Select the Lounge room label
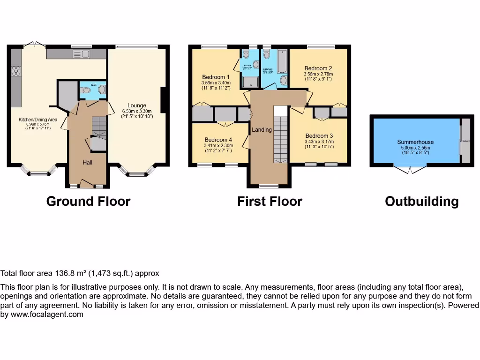(x=137, y=105)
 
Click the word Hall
(x=88, y=162)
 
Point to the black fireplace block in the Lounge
(x=163, y=100)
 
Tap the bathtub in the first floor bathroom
(x=282, y=61)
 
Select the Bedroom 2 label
(x=318, y=67)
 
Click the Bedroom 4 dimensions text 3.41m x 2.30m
(x=218, y=145)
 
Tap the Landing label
(x=262, y=129)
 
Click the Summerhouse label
(x=415, y=142)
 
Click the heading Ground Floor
(x=88, y=202)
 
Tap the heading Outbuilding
(x=421, y=202)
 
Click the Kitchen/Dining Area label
(x=38, y=120)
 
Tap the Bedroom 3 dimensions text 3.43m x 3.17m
(x=318, y=141)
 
